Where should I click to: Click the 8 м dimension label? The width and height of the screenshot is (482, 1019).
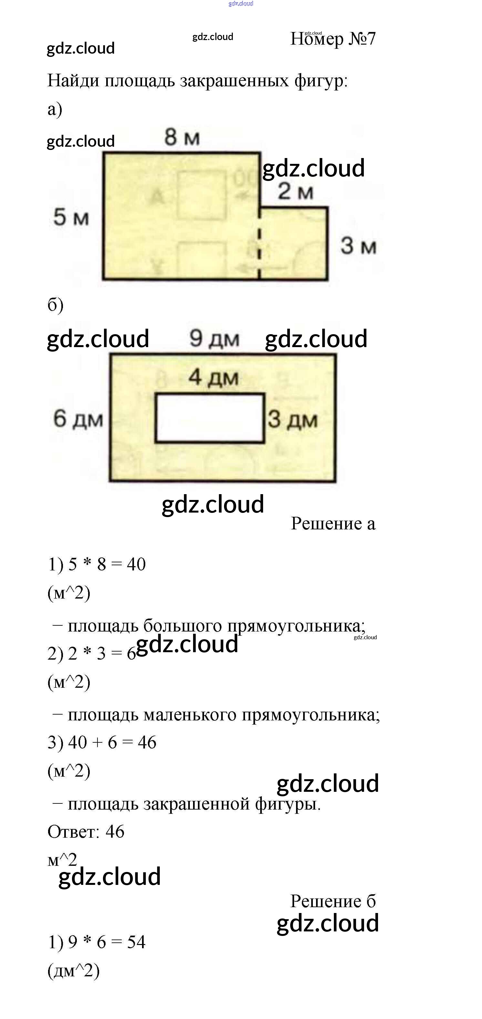(x=182, y=138)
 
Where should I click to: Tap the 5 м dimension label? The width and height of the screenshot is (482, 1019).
(x=71, y=217)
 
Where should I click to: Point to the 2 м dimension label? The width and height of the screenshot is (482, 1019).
(x=295, y=192)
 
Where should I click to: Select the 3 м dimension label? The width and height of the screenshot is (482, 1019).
(x=358, y=246)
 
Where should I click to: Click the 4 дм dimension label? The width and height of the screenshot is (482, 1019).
(x=213, y=377)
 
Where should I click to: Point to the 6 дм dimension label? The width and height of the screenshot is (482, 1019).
(x=78, y=419)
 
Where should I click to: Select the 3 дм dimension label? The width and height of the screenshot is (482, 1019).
(x=292, y=420)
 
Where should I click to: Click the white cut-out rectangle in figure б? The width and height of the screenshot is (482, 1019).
(x=210, y=418)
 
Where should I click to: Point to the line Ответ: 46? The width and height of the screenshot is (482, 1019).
(x=86, y=832)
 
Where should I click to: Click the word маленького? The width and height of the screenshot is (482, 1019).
(x=190, y=715)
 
